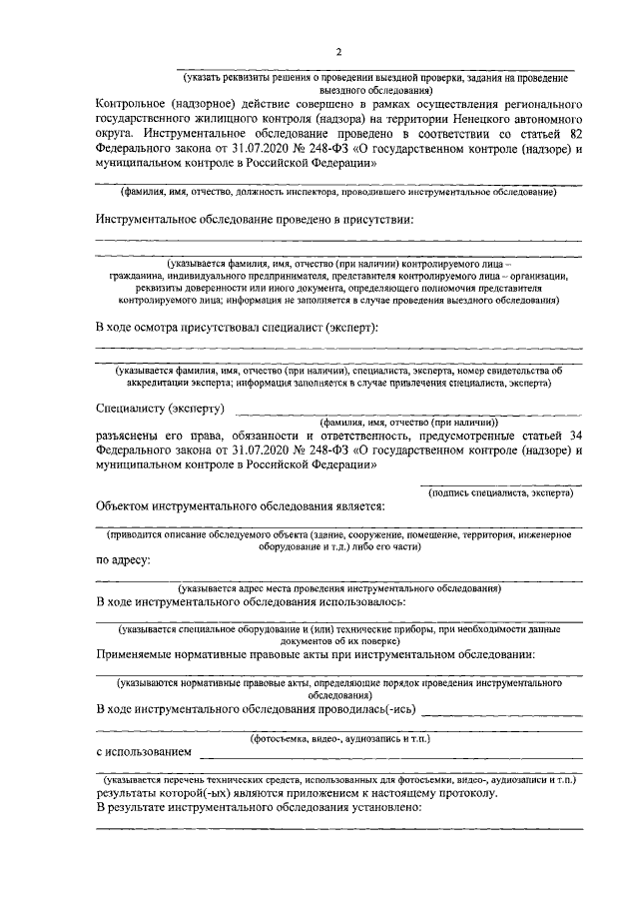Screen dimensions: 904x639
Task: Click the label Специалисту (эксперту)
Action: click(x=160, y=409)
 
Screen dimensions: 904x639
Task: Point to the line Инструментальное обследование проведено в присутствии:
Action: click(x=255, y=218)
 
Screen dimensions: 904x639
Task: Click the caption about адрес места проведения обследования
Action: click(x=338, y=588)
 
